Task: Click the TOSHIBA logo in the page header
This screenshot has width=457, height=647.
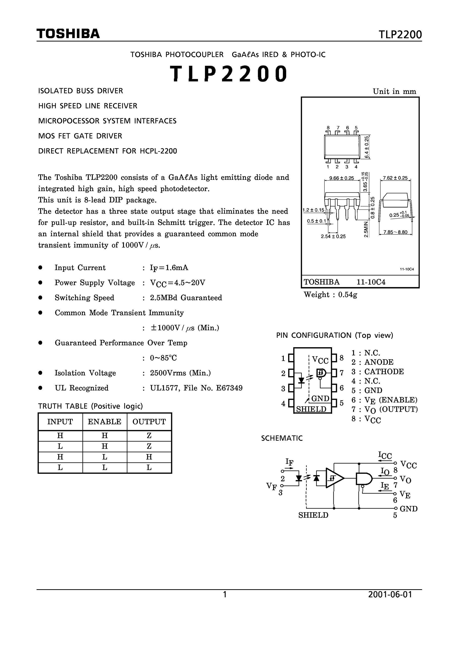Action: (x=68, y=34)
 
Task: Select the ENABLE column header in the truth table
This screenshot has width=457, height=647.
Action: (x=104, y=422)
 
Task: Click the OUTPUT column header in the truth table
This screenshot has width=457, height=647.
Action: (x=149, y=422)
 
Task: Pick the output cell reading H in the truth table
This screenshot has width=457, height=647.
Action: (x=149, y=457)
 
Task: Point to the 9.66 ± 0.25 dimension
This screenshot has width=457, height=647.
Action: (x=341, y=178)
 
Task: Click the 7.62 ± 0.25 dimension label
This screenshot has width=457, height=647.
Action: (x=395, y=178)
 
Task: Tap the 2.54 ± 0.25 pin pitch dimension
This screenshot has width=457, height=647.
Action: (x=333, y=236)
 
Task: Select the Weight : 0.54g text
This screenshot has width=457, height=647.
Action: (x=330, y=295)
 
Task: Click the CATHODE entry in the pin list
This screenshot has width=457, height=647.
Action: (x=384, y=372)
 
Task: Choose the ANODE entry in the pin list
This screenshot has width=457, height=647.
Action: (x=379, y=362)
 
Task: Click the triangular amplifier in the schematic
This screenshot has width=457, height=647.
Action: (x=334, y=478)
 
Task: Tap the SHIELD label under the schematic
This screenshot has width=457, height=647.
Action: (x=313, y=515)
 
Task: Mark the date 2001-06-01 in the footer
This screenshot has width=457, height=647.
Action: (x=390, y=595)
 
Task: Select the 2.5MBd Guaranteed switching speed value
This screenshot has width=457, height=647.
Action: (x=186, y=298)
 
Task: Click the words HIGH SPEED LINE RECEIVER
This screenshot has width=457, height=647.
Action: (x=88, y=106)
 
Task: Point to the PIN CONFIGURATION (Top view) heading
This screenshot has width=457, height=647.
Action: (x=335, y=335)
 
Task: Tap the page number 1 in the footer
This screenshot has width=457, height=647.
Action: (x=225, y=595)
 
